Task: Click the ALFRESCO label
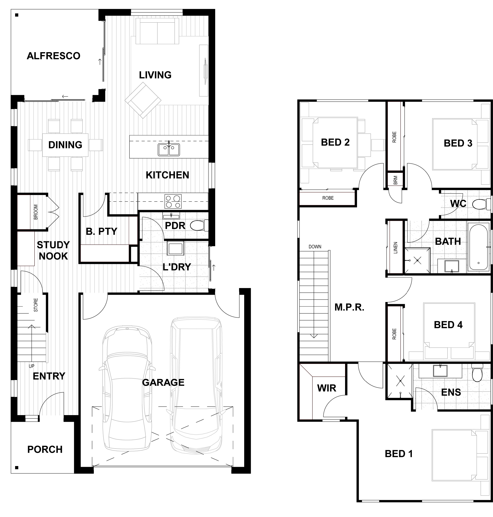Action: click(53, 56)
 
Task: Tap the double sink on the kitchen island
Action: click(169, 149)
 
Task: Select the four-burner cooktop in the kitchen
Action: click(173, 201)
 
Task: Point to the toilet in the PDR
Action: click(199, 225)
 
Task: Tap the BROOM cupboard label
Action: click(36, 212)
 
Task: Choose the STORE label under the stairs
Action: click(36, 305)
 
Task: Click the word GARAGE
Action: click(163, 382)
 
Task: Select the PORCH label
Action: click(45, 449)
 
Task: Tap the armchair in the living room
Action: click(143, 100)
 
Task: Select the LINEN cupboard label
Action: click(395, 248)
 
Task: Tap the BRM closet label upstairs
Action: click(396, 180)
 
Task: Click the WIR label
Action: click(327, 388)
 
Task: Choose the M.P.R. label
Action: click(349, 307)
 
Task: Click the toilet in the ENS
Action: click(477, 373)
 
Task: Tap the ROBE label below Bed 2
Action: click(328, 198)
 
